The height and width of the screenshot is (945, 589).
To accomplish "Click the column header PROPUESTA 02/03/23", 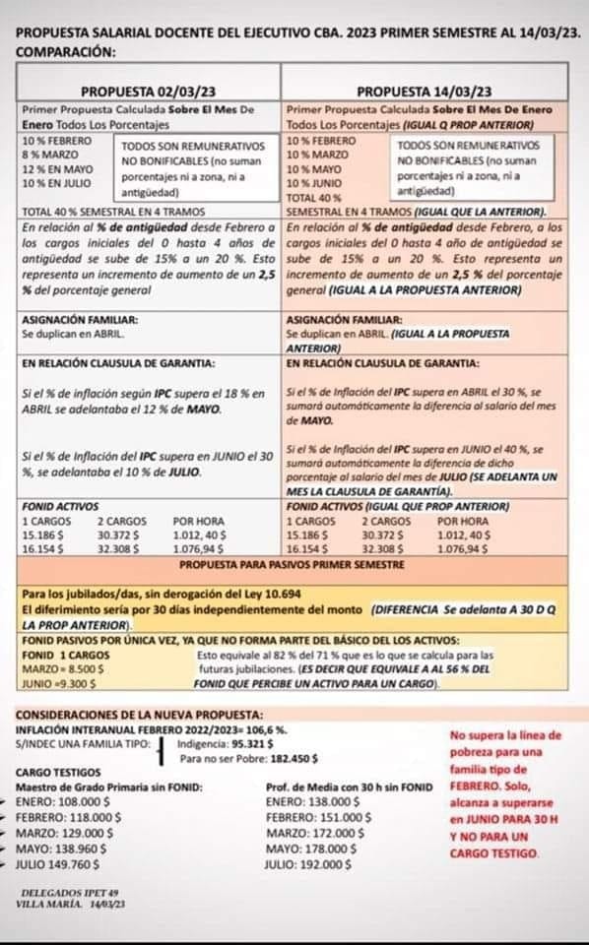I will pos(149,92).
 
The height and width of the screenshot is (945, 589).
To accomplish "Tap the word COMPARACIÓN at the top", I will pos(65,50).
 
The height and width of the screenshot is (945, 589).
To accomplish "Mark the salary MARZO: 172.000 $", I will pos(317,835).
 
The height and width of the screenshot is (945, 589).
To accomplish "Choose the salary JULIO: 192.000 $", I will pos(314,865).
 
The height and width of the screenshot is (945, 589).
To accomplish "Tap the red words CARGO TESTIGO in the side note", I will pos(494,853).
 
